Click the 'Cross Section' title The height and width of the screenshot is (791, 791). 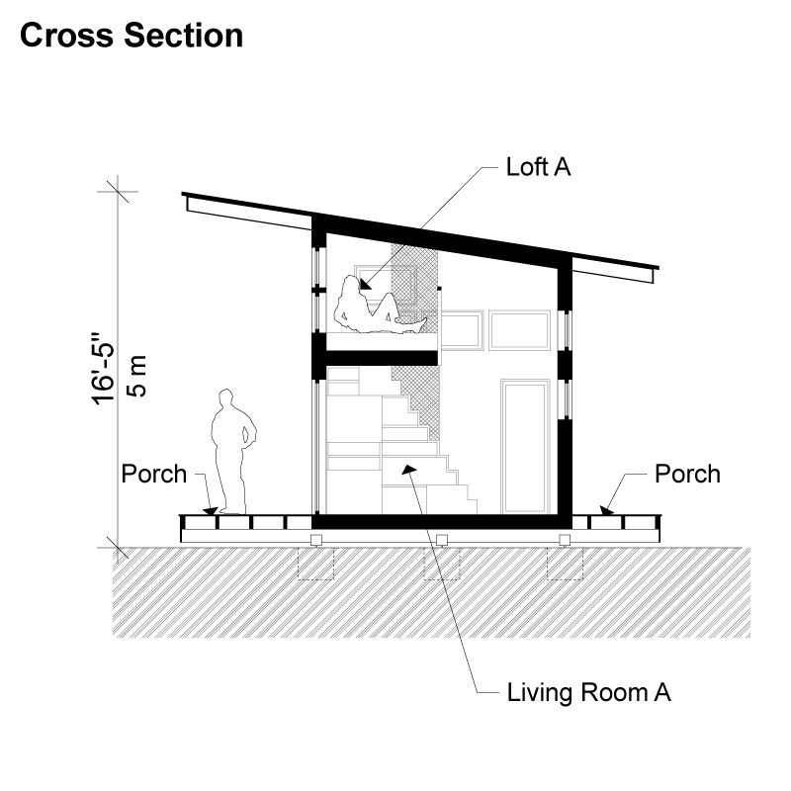(132, 36)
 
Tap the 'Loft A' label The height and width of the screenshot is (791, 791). (538, 166)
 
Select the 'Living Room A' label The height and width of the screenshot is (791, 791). (588, 692)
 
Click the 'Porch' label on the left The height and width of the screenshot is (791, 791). (153, 474)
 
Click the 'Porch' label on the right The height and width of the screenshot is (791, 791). (687, 474)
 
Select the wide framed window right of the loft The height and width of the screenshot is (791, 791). (519, 330)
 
